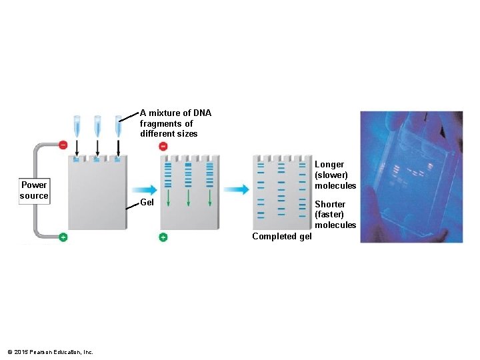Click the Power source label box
click(x=34, y=190)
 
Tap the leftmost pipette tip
click(x=77, y=125)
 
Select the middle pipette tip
click(x=97, y=125)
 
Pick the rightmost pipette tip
click(x=118, y=125)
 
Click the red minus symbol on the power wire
click(x=63, y=145)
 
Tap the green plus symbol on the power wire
click(x=63, y=237)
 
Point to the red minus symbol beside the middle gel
click(x=163, y=145)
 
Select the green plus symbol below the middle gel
click(x=163, y=237)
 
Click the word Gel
click(x=148, y=202)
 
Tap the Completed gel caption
click(x=281, y=237)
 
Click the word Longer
click(x=329, y=164)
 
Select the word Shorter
click(x=330, y=204)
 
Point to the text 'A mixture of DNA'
click(x=175, y=113)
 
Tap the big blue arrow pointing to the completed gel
click(x=235, y=189)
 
